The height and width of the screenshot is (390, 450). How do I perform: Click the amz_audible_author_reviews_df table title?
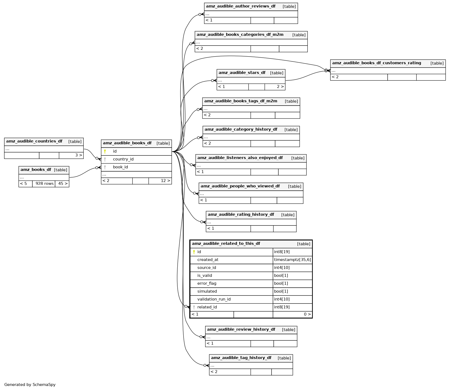click(x=241, y=6)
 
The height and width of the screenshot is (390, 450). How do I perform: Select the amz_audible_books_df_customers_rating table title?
click(x=376, y=63)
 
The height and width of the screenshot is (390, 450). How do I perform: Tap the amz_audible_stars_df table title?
click(x=242, y=73)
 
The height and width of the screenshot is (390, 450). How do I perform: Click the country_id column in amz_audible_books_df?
click(x=123, y=159)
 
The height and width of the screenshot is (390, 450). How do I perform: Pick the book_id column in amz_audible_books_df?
click(x=120, y=167)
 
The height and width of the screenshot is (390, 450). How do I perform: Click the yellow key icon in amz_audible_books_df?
click(x=105, y=151)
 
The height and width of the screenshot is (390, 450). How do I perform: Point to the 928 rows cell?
click(x=44, y=184)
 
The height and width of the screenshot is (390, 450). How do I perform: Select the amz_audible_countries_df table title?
click(x=34, y=141)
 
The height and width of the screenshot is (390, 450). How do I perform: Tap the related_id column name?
click(x=207, y=307)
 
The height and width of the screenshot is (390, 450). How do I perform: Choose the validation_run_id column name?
click(x=214, y=299)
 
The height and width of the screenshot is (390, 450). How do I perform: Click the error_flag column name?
click(x=207, y=283)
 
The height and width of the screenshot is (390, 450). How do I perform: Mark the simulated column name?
click(x=207, y=291)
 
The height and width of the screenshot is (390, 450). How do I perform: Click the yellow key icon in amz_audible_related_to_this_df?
click(x=194, y=252)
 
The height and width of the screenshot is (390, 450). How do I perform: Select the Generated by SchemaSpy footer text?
click(x=30, y=385)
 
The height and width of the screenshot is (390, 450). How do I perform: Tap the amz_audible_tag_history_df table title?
click(x=241, y=358)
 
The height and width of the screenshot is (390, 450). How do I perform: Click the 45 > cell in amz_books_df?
click(x=62, y=184)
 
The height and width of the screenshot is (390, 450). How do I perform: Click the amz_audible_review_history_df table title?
click(x=241, y=330)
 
